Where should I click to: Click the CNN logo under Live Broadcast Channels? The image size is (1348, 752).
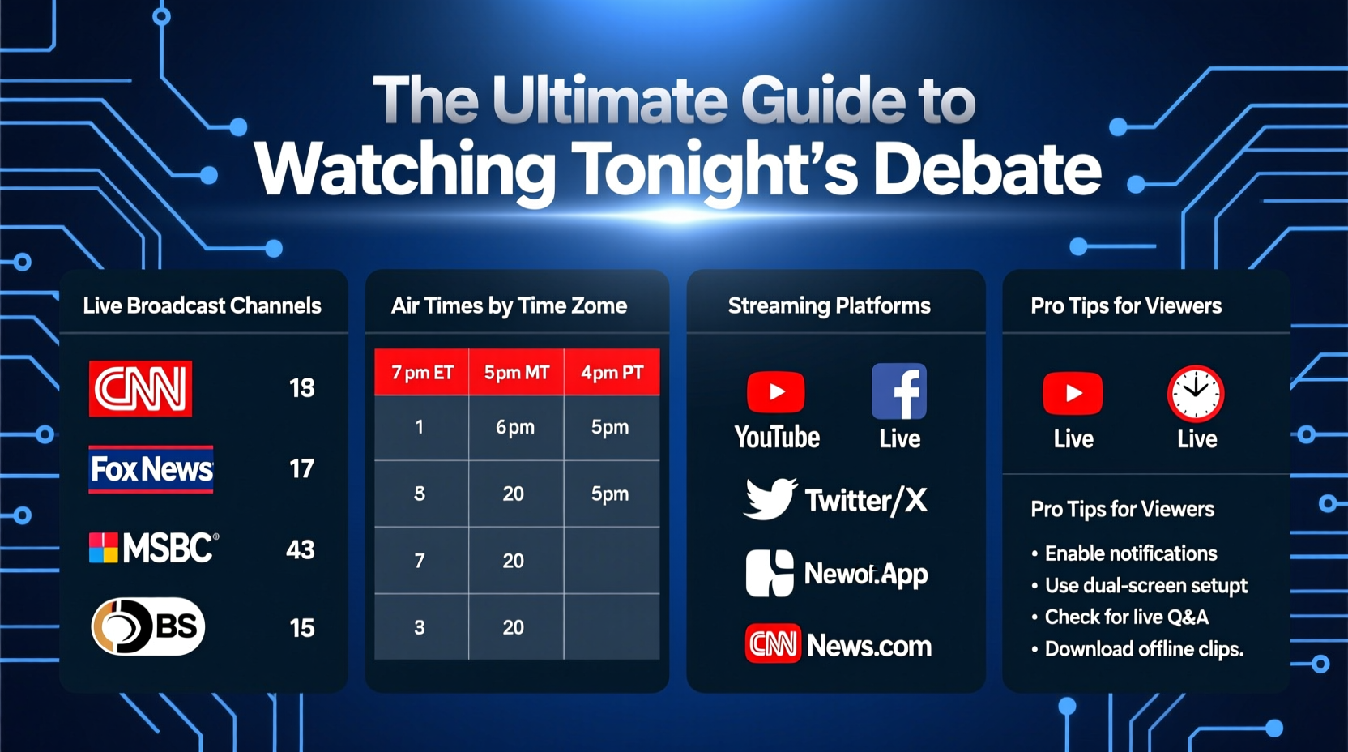point(140,389)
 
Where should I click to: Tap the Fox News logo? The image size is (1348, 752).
point(151,469)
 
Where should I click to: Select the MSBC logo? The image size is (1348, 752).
point(154,549)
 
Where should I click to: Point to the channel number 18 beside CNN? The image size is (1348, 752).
point(302,388)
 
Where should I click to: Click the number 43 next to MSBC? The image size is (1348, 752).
point(301,550)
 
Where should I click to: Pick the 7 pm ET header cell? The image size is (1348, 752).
point(422,373)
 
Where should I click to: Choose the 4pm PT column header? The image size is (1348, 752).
point(612,373)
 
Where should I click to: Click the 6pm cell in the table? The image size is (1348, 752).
point(515,427)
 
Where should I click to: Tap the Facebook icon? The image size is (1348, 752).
point(899,391)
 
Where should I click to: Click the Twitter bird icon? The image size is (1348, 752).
point(770,498)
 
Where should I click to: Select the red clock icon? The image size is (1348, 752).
point(1196,394)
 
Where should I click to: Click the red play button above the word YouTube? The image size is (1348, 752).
point(776,392)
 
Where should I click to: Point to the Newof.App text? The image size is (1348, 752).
point(865,575)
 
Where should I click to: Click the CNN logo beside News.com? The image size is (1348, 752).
point(773,644)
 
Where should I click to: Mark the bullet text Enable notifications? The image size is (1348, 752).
point(1131,553)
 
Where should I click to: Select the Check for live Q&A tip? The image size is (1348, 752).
point(1126,617)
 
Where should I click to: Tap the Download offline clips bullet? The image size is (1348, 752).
point(1144,649)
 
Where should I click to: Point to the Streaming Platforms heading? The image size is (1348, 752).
point(829,305)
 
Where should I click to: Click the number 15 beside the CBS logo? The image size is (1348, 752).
point(302,628)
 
